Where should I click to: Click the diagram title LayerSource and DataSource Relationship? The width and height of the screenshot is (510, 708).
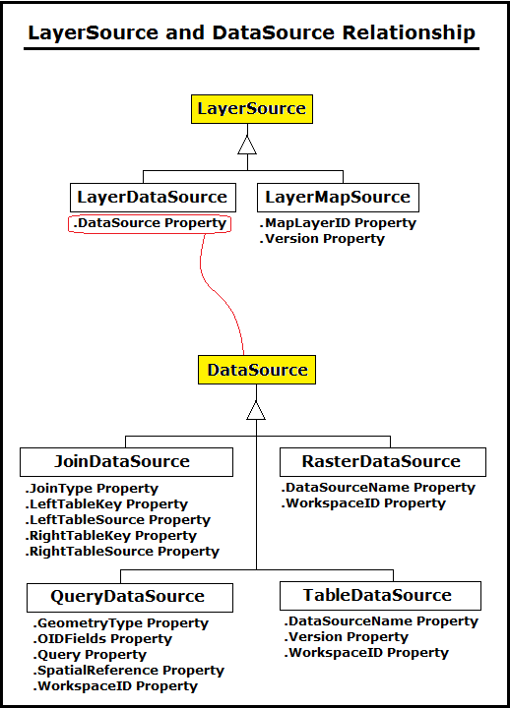(251, 32)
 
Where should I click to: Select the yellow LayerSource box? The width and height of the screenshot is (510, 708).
(252, 108)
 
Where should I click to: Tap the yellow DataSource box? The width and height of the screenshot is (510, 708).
(257, 371)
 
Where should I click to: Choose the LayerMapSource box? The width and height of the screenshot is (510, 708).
(339, 197)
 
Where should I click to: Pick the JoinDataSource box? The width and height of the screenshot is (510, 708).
(127, 461)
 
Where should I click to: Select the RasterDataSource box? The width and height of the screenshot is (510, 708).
(382, 461)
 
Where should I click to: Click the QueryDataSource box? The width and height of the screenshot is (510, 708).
(128, 596)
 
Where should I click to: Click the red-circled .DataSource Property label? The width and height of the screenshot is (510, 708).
(151, 223)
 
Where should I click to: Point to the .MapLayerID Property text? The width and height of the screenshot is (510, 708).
(338, 223)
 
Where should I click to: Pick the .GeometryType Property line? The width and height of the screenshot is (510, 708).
(120, 623)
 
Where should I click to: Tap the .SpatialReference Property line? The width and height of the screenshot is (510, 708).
(128, 671)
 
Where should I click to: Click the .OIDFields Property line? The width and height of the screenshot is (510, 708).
(101, 639)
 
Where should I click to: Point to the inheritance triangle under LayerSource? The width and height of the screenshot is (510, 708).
(246, 145)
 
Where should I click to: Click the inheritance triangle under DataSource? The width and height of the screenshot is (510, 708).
(256, 409)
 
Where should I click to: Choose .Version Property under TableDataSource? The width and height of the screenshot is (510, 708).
(346, 637)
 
